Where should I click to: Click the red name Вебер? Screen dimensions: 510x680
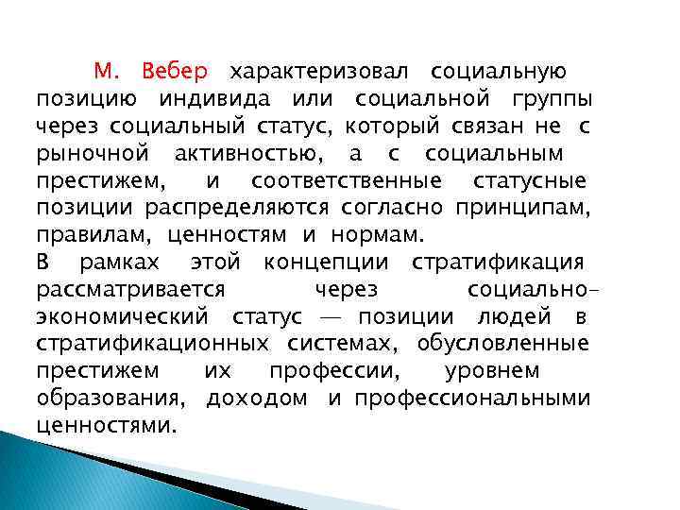[x=176, y=72]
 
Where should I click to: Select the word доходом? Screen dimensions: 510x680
[x=257, y=398]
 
